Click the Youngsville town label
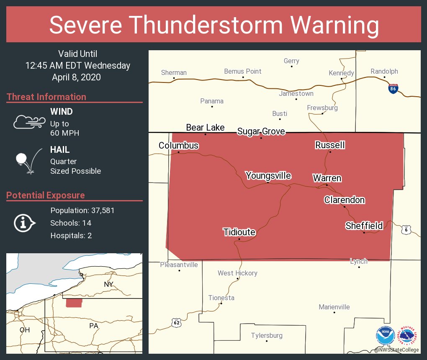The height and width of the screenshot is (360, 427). (268, 175)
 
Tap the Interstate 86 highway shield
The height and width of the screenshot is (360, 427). (393, 89)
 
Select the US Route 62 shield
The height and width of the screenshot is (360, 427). (177, 322)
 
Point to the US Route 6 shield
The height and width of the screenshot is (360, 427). (406, 229)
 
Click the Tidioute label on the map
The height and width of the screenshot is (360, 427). (239, 232)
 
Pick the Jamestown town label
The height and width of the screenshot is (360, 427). (296, 93)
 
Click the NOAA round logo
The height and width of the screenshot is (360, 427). (385, 336)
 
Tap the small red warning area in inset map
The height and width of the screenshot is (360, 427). (74, 303)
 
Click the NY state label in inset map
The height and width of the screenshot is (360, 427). (108, 285)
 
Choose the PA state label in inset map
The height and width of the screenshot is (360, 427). (93, 325)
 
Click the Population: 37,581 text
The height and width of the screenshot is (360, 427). (82, 210)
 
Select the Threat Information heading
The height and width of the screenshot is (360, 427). (46, 97)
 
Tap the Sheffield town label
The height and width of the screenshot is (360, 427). (364, 226)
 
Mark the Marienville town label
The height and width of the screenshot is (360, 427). (334, 307)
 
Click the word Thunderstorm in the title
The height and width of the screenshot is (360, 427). (214, 25)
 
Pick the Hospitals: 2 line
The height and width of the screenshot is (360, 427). (71, 235)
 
